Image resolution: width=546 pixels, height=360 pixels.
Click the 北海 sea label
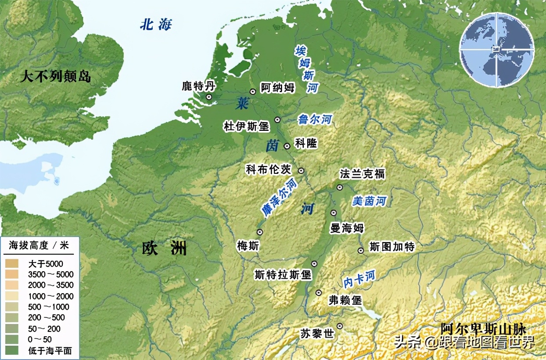point(156,25)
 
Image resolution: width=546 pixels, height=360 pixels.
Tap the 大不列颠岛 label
point(56,77)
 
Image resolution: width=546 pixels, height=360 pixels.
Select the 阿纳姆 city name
point(277,87)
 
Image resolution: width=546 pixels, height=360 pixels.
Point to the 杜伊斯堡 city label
point(246,127)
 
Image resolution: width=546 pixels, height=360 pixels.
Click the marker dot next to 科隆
point(287,146)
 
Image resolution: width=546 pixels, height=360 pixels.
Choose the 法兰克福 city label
point(362,174)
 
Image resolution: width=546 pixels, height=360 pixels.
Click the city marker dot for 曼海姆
point(334,213)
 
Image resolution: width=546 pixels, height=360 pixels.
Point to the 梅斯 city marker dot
point(260,232)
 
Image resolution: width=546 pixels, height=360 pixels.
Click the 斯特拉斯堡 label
point(283,275)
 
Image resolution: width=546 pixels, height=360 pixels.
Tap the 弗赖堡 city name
point(345,300)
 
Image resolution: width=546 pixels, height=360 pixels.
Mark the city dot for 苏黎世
point(339,326)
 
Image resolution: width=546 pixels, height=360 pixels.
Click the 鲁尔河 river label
point(315,119)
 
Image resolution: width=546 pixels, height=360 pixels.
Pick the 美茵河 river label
point(370,202)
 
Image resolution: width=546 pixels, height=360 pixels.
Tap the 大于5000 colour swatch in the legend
point(12,264)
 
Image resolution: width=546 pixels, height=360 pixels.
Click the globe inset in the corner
point(497,49)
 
